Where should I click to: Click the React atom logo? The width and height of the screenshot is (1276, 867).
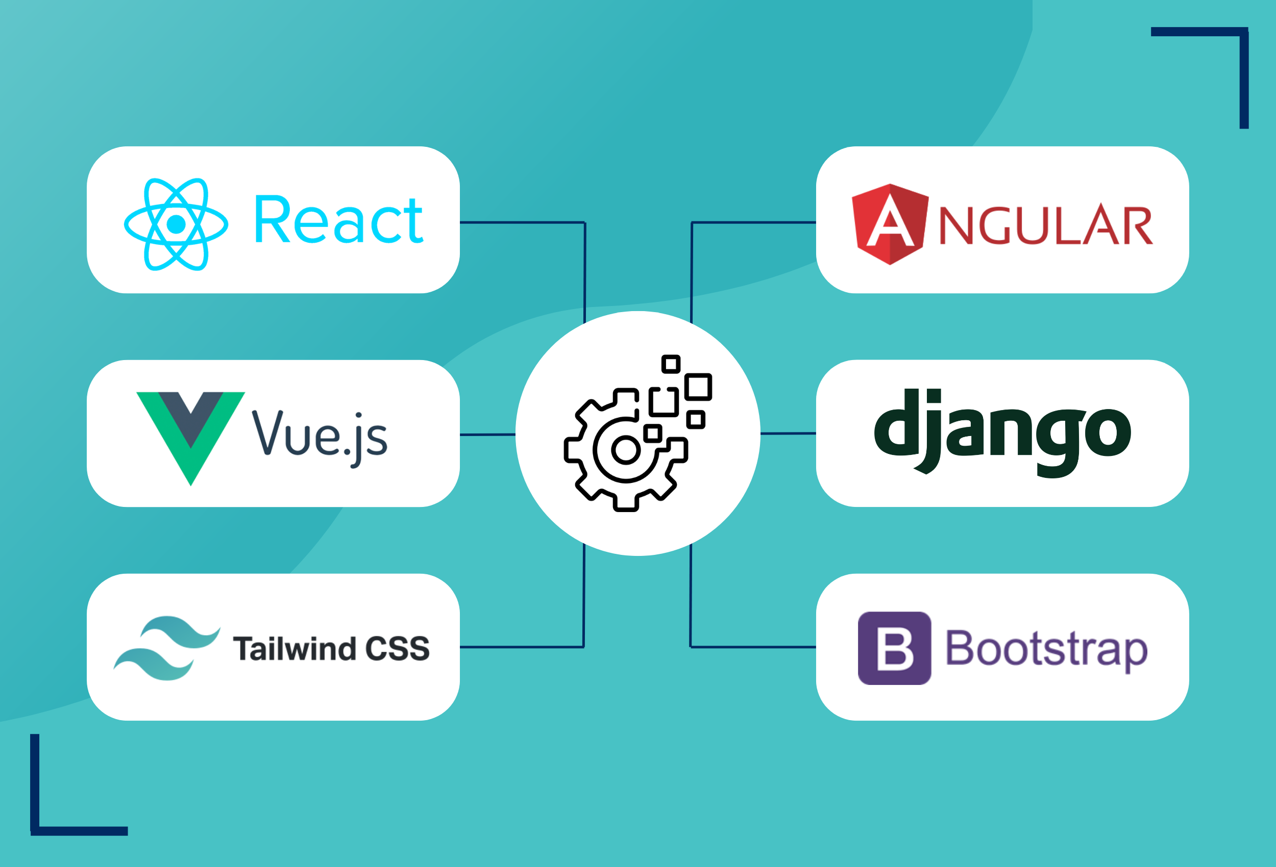pyautogui.click(x=176, y=224)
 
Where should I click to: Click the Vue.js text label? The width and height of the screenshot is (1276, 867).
pyautogui.click(x=320, y=438)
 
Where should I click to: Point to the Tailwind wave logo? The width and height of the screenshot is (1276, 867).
pyautogui.click(x=167, y=648)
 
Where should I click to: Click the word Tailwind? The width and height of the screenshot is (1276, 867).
pyautogui.click(x=295, y=649)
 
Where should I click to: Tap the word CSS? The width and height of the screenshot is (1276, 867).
pyautogui.click(x=398, y=649)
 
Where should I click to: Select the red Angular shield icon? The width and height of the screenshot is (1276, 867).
pyautogui.click(x=890, y=224)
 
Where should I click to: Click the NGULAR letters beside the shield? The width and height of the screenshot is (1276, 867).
pyautogui.click(x=1046, y=225)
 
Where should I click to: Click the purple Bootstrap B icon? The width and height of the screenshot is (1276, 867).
pyautogui.click(x=894, y=648)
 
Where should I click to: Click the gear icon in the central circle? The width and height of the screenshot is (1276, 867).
pyautogui.click(x=625, y=450)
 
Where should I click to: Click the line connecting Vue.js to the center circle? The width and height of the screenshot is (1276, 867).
pyautogui.click(x=487, y=435)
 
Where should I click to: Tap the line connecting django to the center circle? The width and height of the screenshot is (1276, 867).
pyautogui.click(x=788, y=433)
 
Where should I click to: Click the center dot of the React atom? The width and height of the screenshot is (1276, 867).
pyautogui.click(x=176, y=224)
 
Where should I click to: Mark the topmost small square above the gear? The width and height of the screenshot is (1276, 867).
pyautogui.click(x=671, y=364)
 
